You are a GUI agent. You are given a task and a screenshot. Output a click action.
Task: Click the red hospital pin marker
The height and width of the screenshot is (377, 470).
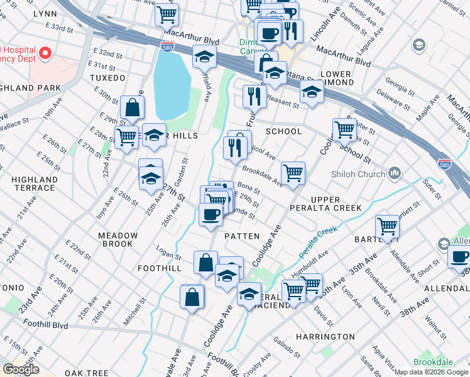(45, 53)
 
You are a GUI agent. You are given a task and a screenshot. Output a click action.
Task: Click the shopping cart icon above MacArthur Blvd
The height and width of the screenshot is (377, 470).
(167, 14)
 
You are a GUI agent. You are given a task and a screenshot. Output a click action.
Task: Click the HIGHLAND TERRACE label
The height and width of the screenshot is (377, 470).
(33, 183)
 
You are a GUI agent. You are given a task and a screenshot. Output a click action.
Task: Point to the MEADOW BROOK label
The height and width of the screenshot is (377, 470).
(117, 239)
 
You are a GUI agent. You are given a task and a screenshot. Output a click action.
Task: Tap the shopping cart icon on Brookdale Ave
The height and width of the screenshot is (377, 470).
(293, 173)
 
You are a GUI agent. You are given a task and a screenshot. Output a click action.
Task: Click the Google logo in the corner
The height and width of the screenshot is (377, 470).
(21, 369)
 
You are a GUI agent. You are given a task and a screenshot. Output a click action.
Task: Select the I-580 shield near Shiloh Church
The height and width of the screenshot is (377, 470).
(444, 163)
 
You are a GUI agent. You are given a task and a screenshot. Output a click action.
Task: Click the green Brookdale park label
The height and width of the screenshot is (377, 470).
(432, 363)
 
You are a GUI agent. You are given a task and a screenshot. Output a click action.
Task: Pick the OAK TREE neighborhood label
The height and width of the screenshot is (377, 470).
(82, 372)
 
